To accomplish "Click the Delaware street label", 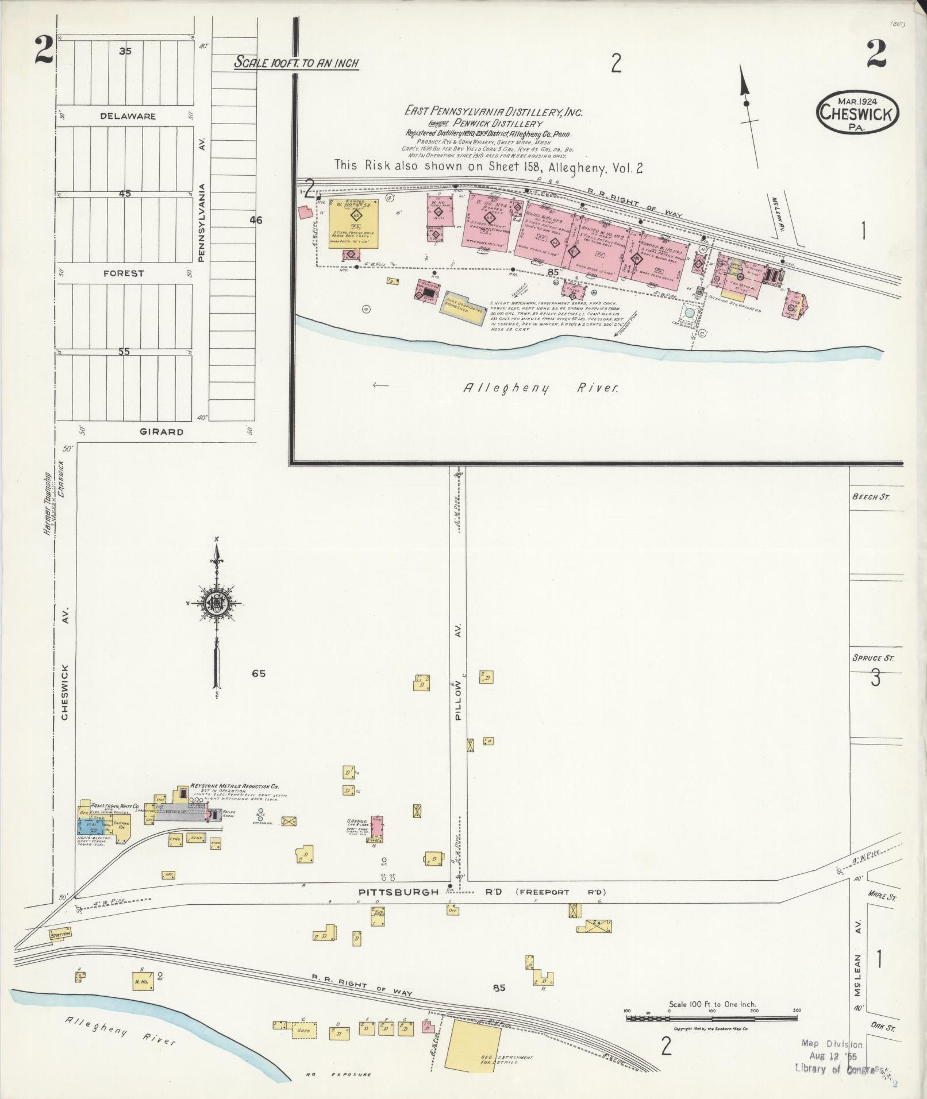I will click(x=128, y=116).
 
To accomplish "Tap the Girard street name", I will click(x=161, y=431).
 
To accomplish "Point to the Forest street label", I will click(x=124, y=273).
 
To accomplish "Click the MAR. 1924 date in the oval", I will click(x=856, y=101).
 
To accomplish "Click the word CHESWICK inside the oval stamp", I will click(x=856, y=114).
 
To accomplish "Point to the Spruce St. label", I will click(x=873, y=658).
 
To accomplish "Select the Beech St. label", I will click(x=871, y=497).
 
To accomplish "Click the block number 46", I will click(x=256, y=219).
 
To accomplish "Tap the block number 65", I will click(x=259, y=673).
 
